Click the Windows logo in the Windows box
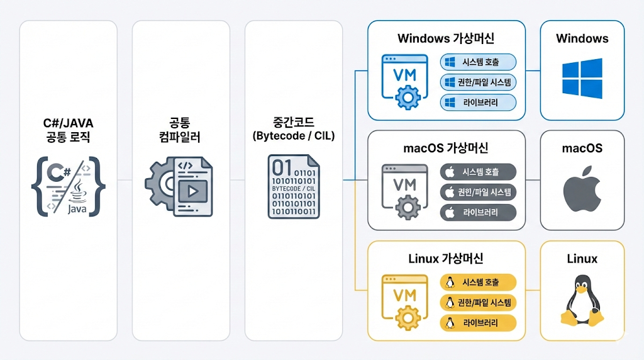[582, 78]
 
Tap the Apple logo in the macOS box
[582, 189]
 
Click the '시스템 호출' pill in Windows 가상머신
[479, 62]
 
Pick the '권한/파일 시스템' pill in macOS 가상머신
[479, 192]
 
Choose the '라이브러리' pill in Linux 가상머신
[479, 323]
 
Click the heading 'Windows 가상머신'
[446, 38]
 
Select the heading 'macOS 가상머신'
[446, 149]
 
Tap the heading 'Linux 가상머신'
[446, 259]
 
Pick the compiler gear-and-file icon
[180, 183]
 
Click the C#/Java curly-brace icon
[68, 186]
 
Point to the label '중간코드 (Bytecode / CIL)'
[294, 128]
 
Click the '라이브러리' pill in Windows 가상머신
[479, 103]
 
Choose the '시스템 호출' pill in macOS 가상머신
[479, 172]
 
